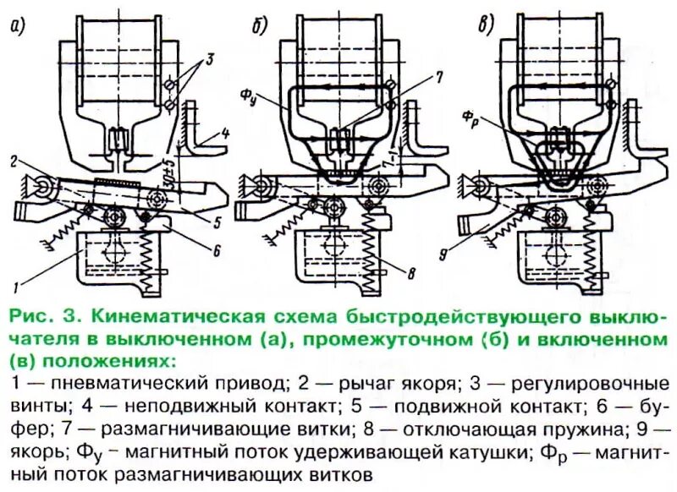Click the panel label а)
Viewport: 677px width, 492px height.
click(16, 26)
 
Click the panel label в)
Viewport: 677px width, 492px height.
click(485, 26)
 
